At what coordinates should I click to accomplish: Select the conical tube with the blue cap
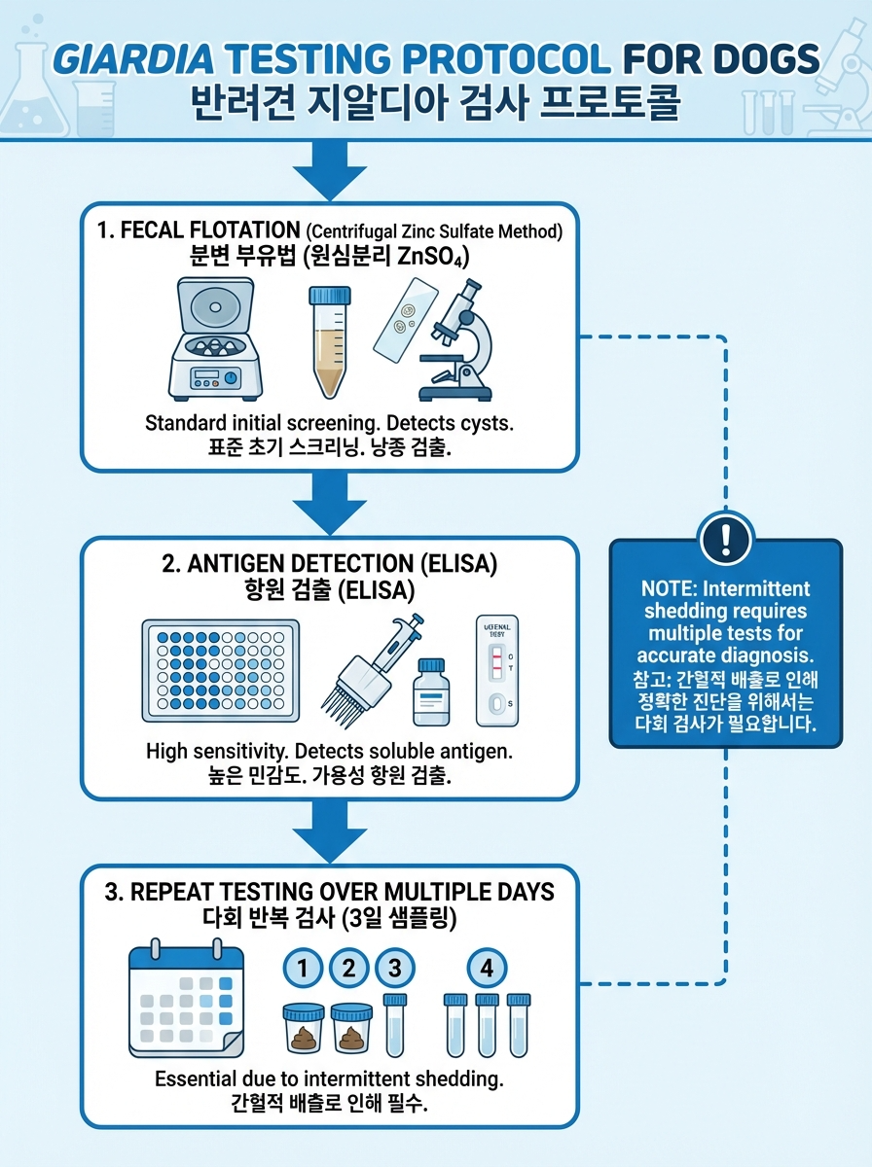click(x=329, y=339)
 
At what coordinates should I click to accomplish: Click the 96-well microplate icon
click(x=220, y=670)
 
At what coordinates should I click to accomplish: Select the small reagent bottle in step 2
click(x=431, y=690)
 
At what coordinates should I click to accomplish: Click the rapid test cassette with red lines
click(x=497, y=670)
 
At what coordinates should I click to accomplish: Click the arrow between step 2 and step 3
click(x=328, y=830)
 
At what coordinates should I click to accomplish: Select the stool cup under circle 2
click(x=352, y=1028)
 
